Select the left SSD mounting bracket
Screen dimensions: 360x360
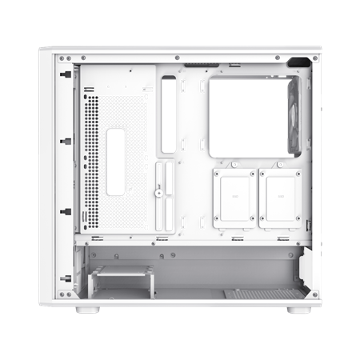pyautogui.click(x=235, y=198)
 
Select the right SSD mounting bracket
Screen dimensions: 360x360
pyautogui.click(x=279, y=198)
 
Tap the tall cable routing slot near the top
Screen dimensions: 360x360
pyautogui.click(x=169, y=114)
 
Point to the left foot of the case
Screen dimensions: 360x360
pyautogui.click(x=88, y=309)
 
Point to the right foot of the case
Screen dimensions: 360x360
pyautogui.click(x=299, y=309)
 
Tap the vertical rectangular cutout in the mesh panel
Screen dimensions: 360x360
pyautogui.click(x=116, y=161)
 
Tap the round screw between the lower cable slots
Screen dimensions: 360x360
pyautogui.click(x=160, y=191)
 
